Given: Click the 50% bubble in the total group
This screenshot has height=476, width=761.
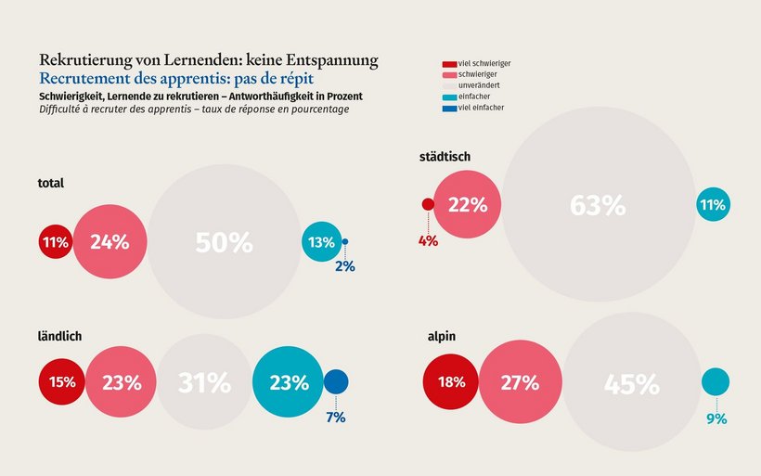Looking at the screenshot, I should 224,243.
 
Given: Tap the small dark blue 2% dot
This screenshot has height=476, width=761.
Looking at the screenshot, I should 345,242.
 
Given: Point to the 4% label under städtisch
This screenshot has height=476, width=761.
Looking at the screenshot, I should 428,241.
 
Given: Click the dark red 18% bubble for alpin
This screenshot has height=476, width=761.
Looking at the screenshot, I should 450,382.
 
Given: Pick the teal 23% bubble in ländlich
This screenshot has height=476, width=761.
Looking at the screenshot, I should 288,381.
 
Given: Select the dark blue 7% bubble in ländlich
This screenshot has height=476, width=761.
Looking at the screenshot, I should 336,381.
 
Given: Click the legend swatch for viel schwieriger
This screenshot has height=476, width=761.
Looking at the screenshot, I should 450,63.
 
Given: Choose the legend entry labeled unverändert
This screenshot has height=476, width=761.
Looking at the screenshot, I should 479,85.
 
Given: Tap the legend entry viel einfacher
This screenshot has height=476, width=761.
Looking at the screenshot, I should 481,108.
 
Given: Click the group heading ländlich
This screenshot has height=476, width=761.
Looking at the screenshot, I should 60,337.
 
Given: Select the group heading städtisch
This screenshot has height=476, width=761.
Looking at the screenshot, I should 445,157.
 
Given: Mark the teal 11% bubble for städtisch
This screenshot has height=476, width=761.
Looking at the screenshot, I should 713,205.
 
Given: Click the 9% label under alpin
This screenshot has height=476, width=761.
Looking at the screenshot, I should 716,419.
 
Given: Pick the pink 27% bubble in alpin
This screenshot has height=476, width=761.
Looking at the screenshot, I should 521,382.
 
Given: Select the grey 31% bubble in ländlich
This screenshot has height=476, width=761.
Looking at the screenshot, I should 204,382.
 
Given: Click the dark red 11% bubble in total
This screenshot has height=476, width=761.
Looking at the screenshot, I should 55,243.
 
